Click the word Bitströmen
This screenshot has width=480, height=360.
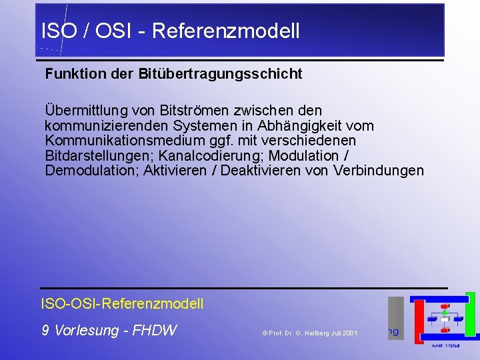183,110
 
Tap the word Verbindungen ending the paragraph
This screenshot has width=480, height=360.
381,171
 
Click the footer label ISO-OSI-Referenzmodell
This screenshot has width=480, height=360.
123,304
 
